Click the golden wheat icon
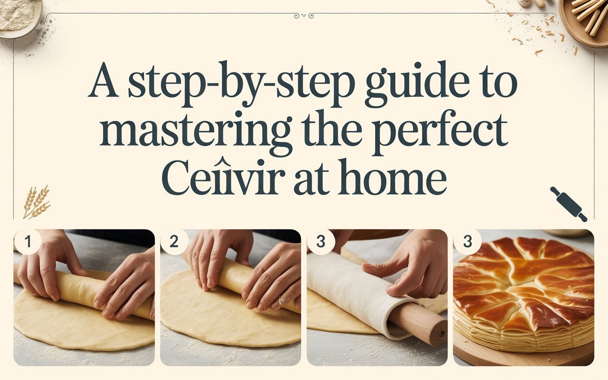tap(36, 202)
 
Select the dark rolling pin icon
tap(569, 204)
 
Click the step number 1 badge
tap(27, 242)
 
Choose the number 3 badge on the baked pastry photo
tap(467, 242)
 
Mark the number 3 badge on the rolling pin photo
tap(320, 242)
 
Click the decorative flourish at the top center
tap(304, 16)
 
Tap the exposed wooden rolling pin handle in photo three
tap(420, 323)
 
